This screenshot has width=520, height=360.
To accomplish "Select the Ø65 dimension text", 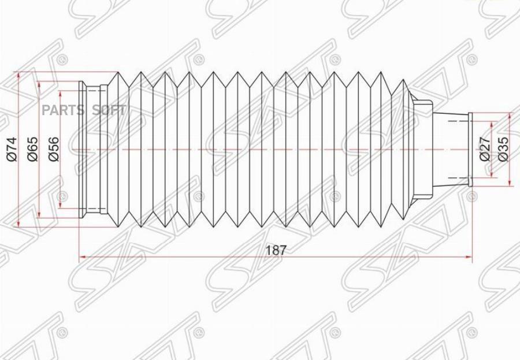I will (33, 149).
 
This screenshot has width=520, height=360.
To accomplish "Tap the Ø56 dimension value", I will (53, 149).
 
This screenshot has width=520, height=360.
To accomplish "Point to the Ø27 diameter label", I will (485, 149).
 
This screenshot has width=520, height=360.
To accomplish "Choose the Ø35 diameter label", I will (503, 149).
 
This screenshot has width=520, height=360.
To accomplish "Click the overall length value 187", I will (276, 250).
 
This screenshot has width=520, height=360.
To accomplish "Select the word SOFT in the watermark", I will (110, 110).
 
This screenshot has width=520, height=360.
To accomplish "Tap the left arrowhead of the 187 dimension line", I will (82, 257).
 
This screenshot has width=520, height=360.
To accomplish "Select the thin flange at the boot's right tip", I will (470, 149).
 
